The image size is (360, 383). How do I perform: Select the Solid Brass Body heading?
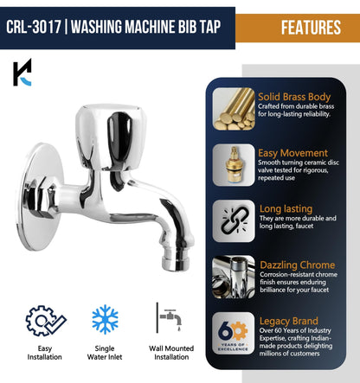pyautogui.click(x=294, y=96)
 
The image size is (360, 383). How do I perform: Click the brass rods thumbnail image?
pyautogui.click(x=234, y=109)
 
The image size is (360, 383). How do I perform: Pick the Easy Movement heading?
pyautogui.click(x=293, y=153)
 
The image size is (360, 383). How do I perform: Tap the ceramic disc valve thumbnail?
pyautogui.click(x=234, y=165)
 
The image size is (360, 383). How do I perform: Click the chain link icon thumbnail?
pyautogui.click(x=234, y=220)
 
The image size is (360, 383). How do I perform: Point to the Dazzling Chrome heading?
pyautogui.click(x=296, y=264)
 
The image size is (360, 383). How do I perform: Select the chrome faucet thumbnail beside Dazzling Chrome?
pyautogui.click(x=234, y=276)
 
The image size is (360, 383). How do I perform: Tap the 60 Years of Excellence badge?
pyautogui.click(x=234, y=332)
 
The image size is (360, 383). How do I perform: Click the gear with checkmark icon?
pyautogui.click(x=44, y=321)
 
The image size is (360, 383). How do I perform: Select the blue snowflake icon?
pyautogui.click(x=106, y=319)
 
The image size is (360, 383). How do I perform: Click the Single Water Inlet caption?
pyautogui.click(x=106, y=359)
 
